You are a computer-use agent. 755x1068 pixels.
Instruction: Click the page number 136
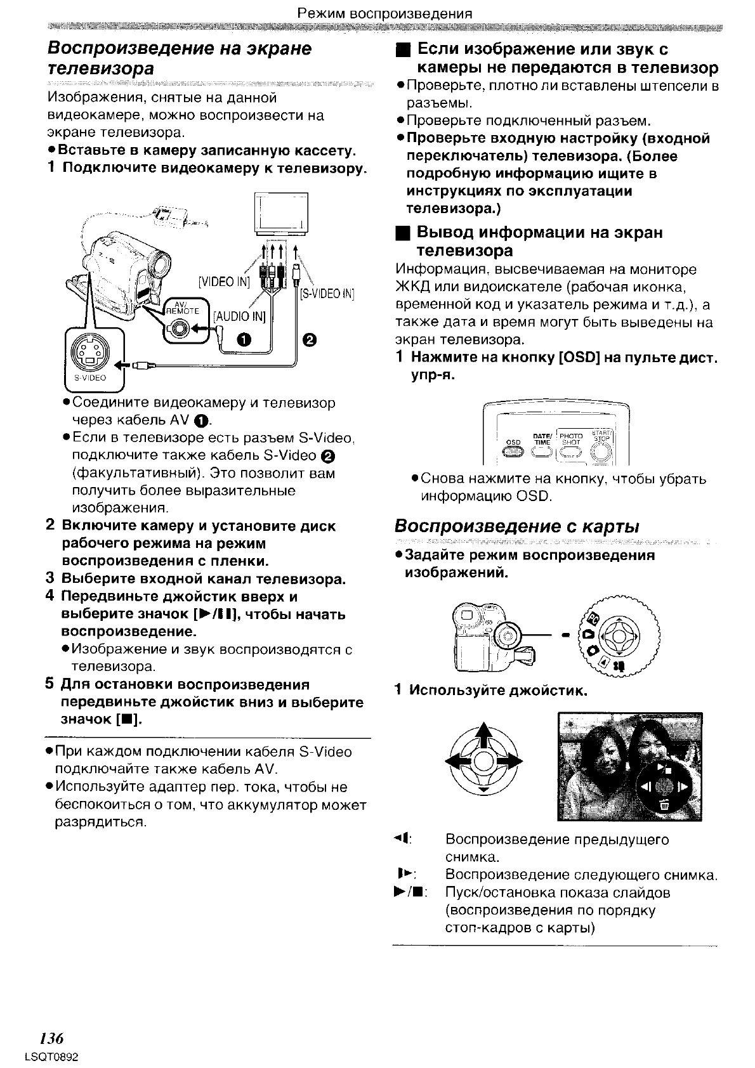[x=51, y=1038]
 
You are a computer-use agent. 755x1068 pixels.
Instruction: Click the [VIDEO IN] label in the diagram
[x=224, y=282]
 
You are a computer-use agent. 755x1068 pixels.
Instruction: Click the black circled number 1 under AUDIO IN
[x=245, y=340]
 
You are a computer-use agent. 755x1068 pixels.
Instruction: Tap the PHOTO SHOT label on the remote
[x=571, y=440]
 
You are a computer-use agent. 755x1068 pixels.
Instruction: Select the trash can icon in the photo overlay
[x=664, y=805]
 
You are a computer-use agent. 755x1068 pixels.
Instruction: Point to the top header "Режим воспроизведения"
[x=385, y=13]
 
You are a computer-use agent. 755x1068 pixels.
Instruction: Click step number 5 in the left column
[x=49, y=684]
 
